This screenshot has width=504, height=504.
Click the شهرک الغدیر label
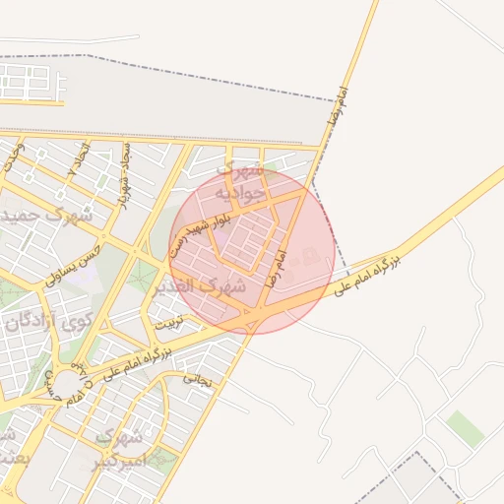coord(200,287)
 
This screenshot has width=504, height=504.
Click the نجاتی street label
coord(198,377)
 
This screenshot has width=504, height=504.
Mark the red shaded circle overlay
coord(251,251)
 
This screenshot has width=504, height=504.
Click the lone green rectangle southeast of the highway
coord(465,428)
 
